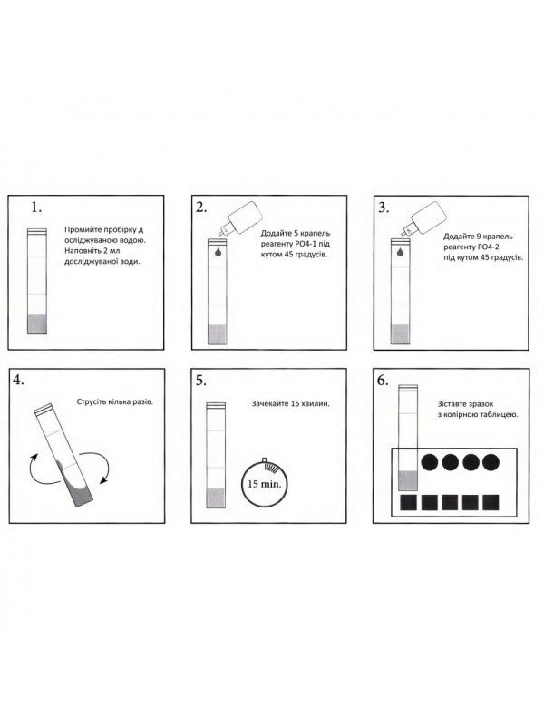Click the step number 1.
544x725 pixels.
coord(36,208)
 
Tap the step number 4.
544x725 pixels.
coord(18,380)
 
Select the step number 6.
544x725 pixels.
coord(382,380)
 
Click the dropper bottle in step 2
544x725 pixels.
coord(241,217)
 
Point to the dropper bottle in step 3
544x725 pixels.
coord(424,217)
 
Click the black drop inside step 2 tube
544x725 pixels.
coord(218,253)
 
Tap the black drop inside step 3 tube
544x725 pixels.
coord(400,253)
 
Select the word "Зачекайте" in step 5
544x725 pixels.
coord(269,403)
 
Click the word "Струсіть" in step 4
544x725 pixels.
coord(92,401)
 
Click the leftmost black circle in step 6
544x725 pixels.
coord(430,462)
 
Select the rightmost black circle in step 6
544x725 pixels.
coord(491,462)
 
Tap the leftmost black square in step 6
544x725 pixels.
coord(409,503)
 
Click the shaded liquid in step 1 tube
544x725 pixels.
coord(37,324)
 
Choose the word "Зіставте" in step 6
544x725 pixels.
coord(453,404)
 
